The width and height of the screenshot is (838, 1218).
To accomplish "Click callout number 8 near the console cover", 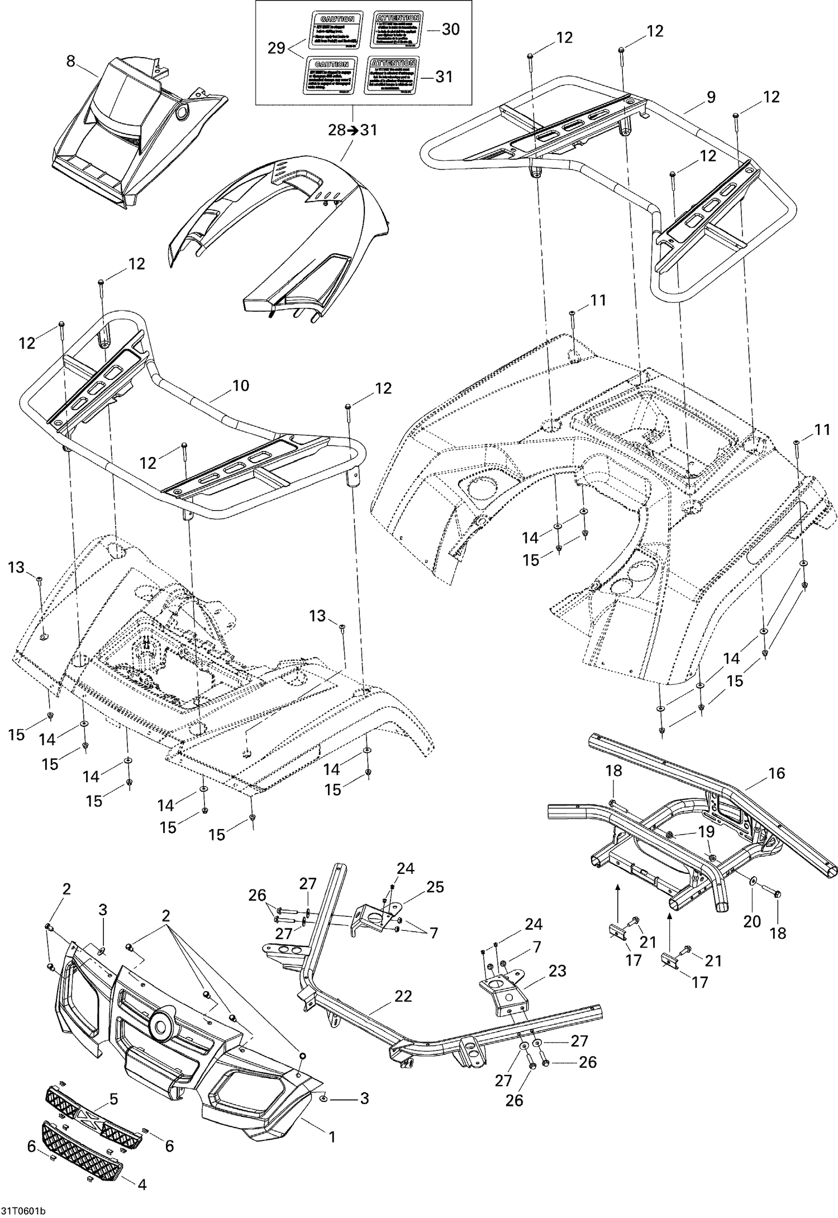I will [70, 61].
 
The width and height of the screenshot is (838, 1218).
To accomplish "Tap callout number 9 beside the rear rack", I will [710, 97].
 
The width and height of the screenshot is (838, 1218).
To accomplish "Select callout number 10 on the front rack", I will [240, 386].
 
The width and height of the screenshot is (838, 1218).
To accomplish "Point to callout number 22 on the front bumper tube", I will [403, 996].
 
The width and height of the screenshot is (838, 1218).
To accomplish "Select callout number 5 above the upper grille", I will [113, 1100].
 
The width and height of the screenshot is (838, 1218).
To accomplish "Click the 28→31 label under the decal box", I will [353, 130].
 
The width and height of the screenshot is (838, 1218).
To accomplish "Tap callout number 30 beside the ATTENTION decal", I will [450, 29].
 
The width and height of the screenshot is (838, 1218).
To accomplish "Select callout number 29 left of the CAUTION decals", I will [276, 48].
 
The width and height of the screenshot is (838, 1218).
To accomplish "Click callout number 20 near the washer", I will [752, 921].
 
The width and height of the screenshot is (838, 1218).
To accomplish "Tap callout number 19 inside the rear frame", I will [706, 831].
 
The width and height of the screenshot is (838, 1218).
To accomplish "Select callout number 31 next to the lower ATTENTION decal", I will [444, 77].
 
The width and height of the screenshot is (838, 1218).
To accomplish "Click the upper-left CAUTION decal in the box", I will [331, 30].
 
